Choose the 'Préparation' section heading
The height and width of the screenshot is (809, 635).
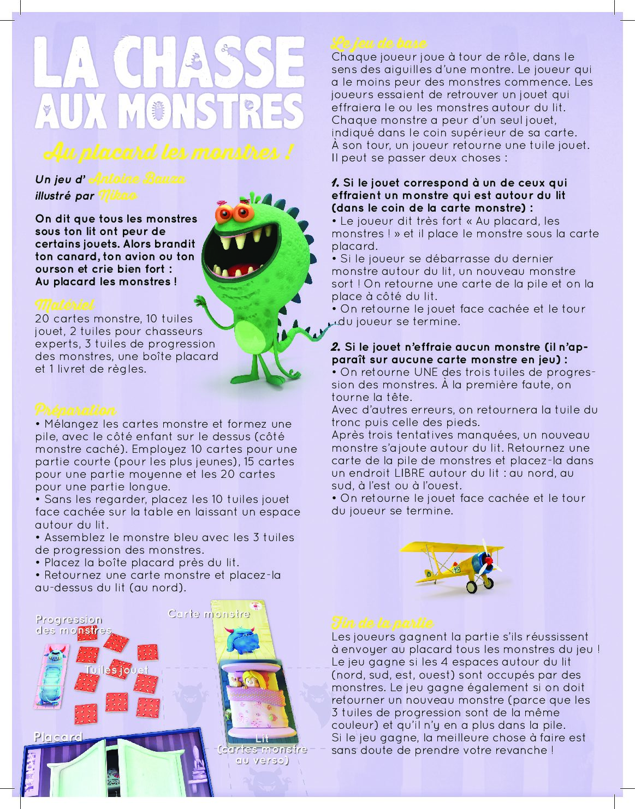click(x=75, y=410)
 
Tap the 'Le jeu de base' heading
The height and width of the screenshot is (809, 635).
click(x=379, y=43)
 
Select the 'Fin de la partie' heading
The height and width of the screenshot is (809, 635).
click(x=382, y=622)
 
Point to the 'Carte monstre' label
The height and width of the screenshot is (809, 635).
click(x=209, y=614)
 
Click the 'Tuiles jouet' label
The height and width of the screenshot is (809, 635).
click(x=116, y=669)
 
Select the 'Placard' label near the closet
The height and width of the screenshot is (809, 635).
click(x=58, y=737)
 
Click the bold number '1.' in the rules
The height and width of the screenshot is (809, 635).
click(x=336, y=183)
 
